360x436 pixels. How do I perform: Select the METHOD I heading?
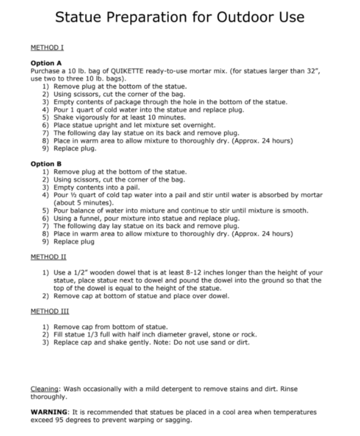coord(47,48)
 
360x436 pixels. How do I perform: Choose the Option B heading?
coord(46,164)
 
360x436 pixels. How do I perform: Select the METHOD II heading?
coord(48,257)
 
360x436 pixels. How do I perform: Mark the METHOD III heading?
coord(49,311)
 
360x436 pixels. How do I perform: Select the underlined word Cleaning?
coord(45,389)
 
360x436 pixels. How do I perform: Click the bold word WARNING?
coord(50,412)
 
